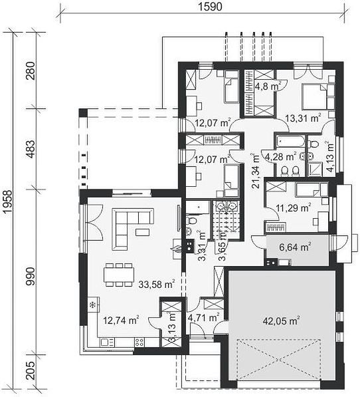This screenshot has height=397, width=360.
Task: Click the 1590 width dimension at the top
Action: [210, 7]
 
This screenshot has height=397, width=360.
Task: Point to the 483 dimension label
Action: [31, 149]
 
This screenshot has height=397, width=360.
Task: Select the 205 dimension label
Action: [31, 370]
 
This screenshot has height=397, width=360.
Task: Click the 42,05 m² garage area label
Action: [281, 321]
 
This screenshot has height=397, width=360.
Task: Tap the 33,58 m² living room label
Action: [157, 284]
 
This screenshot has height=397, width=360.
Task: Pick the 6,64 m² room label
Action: [295, 247]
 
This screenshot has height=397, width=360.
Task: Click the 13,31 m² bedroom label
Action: [303, 118]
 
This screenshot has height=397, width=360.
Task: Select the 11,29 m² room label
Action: [293, 208]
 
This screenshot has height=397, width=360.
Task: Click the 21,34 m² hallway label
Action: [256, 171]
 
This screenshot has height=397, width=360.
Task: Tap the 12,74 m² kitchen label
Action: [121, 321]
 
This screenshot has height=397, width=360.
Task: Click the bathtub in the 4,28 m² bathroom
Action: [290, 141]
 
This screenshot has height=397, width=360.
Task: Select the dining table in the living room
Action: [119, 275]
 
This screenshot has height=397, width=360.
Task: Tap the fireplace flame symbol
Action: [177, 249]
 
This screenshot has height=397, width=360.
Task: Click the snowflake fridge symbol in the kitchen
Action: [93, 305]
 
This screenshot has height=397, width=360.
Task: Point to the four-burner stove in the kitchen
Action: [139, 342]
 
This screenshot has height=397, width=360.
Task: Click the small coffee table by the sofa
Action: [142, 232]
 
